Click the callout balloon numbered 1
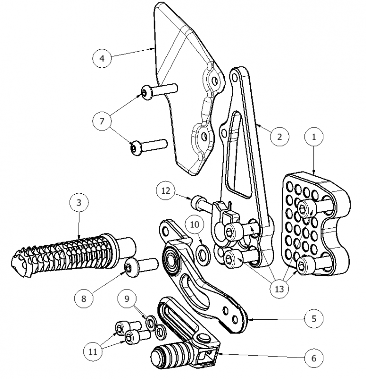(x=313, y=137)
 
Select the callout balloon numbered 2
(x=279, y=136)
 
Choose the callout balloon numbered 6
(x=314, y=357)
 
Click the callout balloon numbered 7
(x=102, y=121)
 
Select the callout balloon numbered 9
(x=127, y=299)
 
